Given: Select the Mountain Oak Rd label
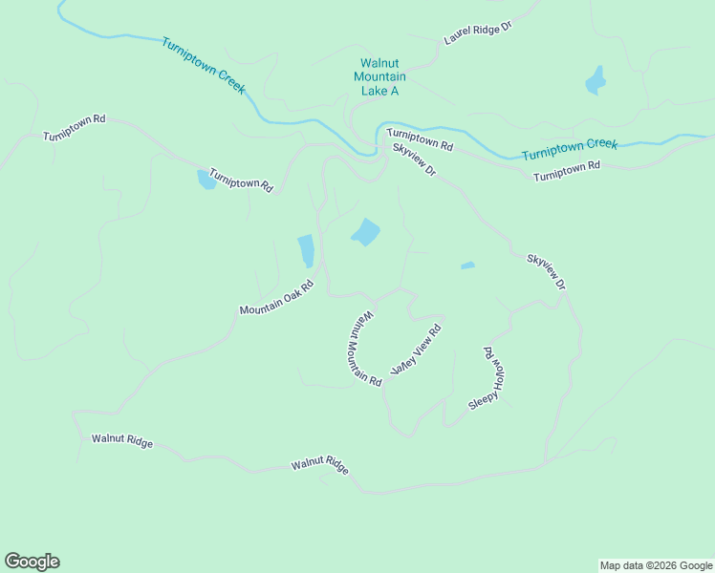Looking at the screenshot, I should pos(276,298).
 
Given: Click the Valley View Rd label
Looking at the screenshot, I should pos(416,350).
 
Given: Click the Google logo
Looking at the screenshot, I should pos(32,562).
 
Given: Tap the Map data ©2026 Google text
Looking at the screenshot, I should pos(656,565).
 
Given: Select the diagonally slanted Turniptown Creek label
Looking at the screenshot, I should pos(204,65).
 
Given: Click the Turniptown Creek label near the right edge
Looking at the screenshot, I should pos(570,149).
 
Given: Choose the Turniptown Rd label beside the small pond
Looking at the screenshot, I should pos(242,180).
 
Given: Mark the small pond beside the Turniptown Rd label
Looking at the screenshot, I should pos(206,179).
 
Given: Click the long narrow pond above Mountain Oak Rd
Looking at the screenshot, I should pos(306,251).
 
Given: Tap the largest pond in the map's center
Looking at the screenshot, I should pos(365,232).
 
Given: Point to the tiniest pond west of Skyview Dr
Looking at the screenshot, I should pos(467,265).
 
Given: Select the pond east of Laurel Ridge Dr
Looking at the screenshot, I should pos(596,80).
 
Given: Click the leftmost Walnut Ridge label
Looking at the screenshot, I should pos(121,441).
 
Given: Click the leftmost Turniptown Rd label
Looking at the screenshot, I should pos(74,127).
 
